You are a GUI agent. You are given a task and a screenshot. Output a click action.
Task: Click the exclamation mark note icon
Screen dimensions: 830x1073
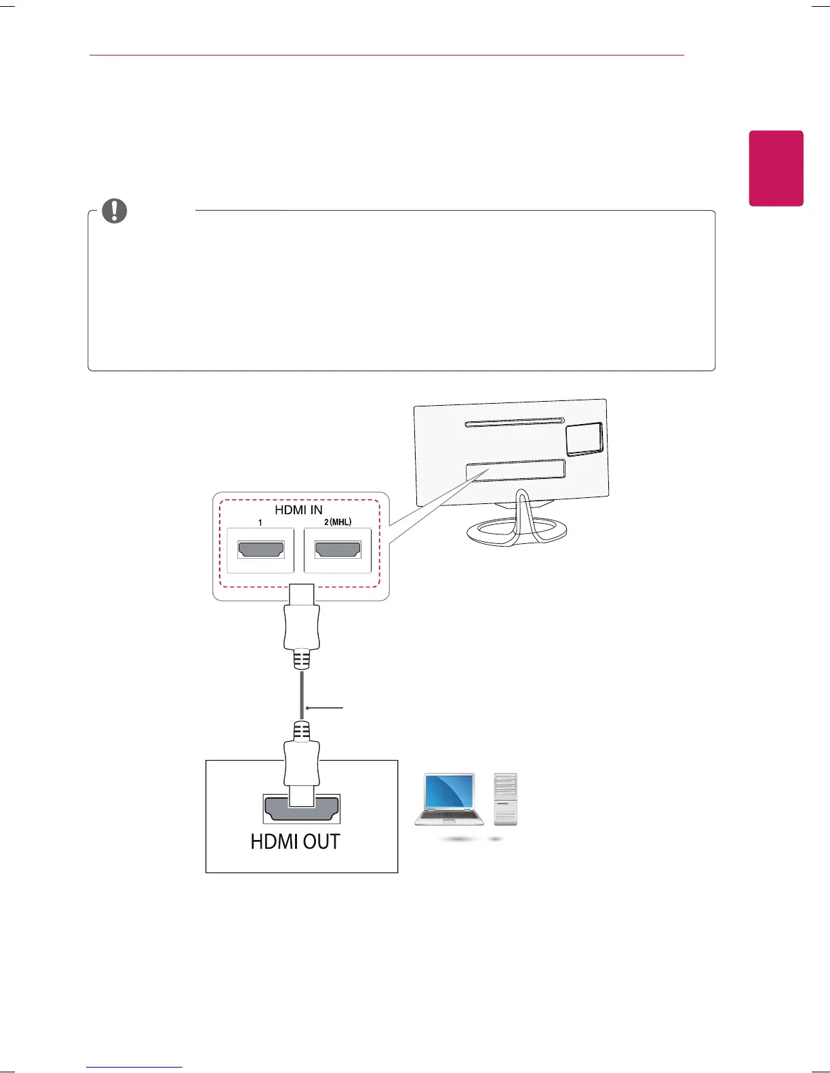coord(114,211)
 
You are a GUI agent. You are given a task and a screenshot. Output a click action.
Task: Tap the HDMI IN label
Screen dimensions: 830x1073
coord(298,509)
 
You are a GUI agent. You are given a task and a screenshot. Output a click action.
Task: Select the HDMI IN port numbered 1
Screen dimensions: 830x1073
coord(260,549)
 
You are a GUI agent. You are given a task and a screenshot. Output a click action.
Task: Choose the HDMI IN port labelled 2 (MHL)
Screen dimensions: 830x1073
coord(338,549)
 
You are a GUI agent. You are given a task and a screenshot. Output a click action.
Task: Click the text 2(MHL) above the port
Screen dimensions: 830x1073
coord(337,522)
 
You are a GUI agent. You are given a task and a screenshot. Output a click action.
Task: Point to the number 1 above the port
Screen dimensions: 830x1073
coord(260,523)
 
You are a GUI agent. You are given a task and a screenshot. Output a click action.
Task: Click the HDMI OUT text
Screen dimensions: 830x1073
coord(295,841)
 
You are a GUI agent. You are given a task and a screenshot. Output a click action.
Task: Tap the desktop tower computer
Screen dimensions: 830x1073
coord(506,799)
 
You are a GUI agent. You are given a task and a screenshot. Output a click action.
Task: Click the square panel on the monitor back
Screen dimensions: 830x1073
coord(584,438)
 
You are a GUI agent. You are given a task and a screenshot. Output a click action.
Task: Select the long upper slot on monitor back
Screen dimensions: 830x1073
coord(515,423)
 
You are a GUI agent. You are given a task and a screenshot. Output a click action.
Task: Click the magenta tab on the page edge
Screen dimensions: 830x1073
coord(776,168)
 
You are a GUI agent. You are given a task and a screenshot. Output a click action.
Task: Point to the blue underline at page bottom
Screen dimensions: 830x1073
coord(134,1068)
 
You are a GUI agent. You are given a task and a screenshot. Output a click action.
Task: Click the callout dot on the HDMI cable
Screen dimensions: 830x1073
coord(308,709)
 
